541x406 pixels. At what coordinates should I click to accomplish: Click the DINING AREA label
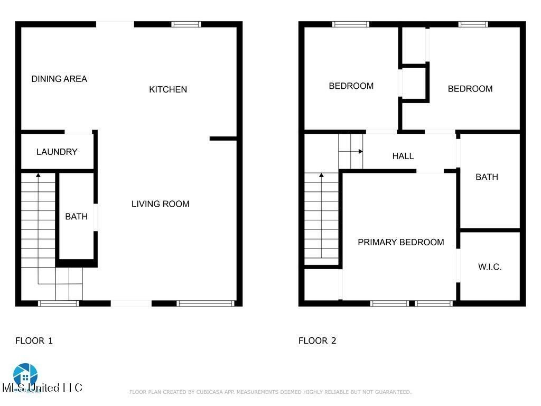[x=59, y=79]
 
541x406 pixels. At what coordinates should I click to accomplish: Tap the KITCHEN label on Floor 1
[x=168, y=90]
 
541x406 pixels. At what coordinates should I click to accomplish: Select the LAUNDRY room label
[x=57, y=152]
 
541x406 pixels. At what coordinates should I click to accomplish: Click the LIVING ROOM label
[x=160, y=204]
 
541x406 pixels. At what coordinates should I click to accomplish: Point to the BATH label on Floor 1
[x=76, y=217]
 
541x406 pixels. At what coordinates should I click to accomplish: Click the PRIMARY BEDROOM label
[x=400, y=243]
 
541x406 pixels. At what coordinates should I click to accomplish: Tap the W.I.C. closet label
[x=490, y=267]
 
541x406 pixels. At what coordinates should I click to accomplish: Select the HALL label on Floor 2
[x=403, y=156]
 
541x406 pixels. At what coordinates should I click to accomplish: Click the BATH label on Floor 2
[x=487, y=177]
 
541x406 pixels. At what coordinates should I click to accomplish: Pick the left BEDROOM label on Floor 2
[x=351, y=86]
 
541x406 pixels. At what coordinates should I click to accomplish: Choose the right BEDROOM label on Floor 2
[x=470, y=89]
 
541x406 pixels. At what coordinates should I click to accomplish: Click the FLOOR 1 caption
[x=34, y=341]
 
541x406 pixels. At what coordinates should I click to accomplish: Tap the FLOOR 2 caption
[x=317, y=341]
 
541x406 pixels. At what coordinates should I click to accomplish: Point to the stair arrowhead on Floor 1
[x=38, y=174]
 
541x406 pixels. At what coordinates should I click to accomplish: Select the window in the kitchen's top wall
[x=186, y=24]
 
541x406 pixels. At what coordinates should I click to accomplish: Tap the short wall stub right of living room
[x=223, y=139]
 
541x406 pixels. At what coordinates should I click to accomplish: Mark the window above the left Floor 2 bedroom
[x=351, y=24]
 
